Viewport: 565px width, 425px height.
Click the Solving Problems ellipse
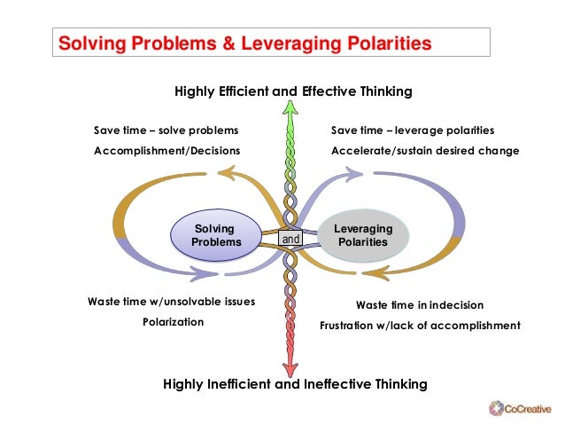pos(215,235)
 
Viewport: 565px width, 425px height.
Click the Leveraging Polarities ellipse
pos(363,235)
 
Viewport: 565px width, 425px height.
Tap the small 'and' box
pos(290,239)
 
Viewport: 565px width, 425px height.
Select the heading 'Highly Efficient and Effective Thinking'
pos(293,91)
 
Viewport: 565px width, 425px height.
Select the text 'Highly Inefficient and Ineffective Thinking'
pos(296,384)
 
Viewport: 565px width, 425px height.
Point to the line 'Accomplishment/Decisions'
pos(166,151)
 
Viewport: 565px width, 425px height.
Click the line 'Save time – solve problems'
pos(166,130)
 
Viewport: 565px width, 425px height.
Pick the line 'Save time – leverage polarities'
pos(413,130)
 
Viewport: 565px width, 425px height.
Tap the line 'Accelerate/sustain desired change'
pos(425,151)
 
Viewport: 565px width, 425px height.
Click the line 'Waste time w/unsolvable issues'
pos(171,302)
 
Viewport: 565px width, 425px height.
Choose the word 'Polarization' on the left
pos(173,321)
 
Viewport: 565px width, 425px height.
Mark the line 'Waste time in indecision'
pos(419,304)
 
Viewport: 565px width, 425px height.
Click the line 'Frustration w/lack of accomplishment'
pos(420,326)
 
